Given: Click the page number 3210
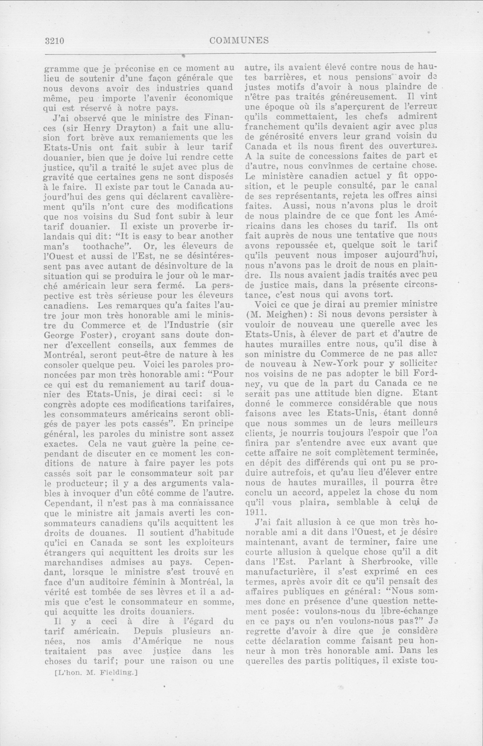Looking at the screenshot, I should (54, 41).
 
